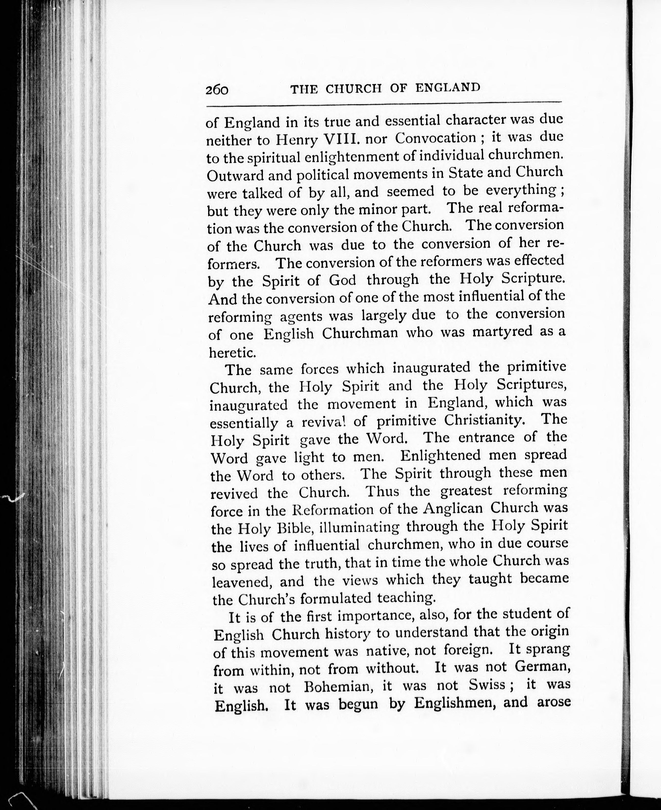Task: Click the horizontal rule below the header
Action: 384,104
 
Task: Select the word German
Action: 542,667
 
